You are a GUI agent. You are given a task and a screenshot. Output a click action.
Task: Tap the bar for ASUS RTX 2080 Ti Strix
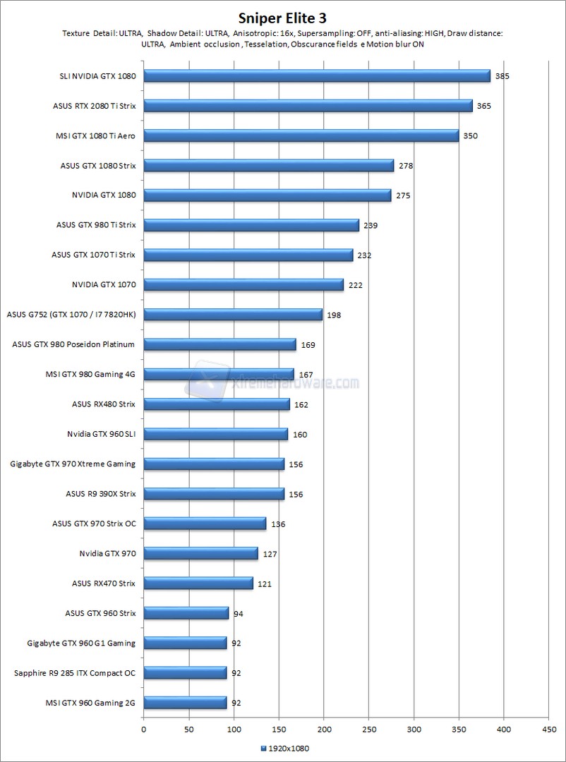308,106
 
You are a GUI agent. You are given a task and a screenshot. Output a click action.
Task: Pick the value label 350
470,135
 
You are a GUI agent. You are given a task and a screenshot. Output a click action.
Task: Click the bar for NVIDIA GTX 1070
243,284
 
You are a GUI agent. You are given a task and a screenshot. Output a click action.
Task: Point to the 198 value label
334,315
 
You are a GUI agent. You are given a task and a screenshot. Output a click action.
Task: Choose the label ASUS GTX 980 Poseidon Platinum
73,344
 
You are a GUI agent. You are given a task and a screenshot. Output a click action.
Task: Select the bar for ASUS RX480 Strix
217,404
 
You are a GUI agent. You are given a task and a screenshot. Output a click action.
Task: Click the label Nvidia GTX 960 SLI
102,434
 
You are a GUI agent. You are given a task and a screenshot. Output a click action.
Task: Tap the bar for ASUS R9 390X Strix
214,494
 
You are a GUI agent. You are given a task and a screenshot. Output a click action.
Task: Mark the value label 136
277,524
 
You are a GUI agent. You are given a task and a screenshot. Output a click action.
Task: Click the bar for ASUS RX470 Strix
198,583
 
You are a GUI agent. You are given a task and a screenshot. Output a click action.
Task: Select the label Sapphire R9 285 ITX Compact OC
75,672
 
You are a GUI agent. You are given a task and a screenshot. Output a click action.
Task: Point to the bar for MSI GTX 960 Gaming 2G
185,703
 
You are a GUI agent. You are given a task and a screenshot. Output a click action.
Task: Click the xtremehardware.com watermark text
296,383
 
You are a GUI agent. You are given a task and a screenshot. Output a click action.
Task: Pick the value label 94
238,614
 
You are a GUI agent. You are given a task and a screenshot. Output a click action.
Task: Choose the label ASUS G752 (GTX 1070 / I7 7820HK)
71,315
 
